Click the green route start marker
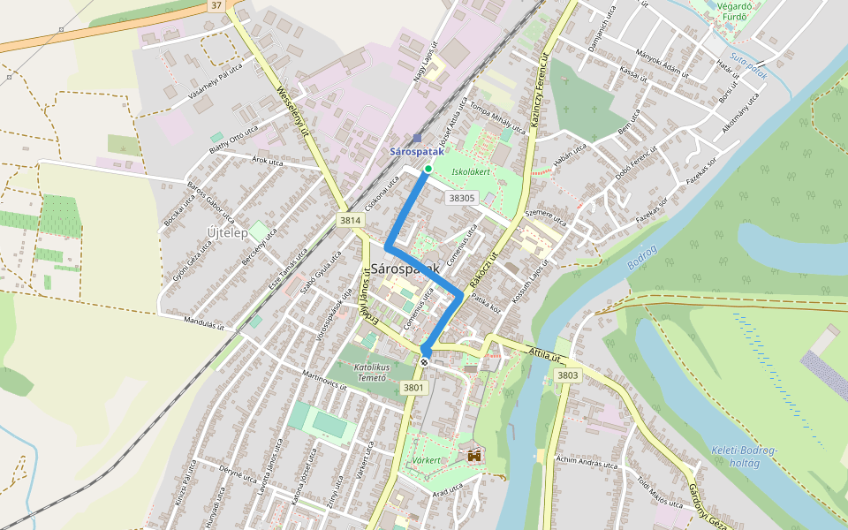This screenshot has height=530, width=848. click(428, 169)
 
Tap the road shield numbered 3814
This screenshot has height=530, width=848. click(351, 220)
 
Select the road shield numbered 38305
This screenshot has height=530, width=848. click(462, 199)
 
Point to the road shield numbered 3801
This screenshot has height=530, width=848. click(413, 387)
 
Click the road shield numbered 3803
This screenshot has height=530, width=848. click(568, 375)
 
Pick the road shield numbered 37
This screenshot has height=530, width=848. click(216, 5)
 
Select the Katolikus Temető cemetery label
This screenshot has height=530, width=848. click(371, 371)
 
